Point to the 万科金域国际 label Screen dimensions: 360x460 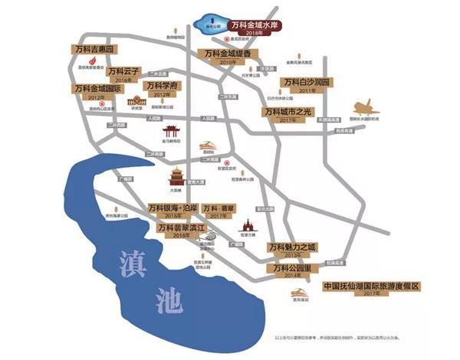click(97, 89)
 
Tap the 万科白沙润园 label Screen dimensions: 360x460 click(306, 81)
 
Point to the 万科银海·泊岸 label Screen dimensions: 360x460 click(173, 208)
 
